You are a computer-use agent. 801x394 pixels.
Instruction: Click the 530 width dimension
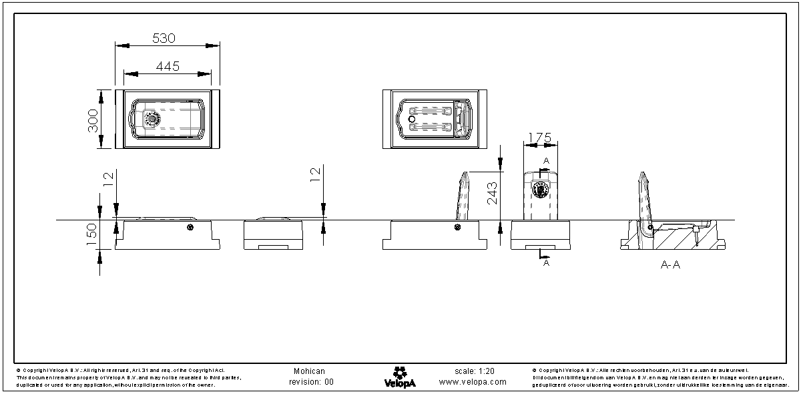[x=164, y=38]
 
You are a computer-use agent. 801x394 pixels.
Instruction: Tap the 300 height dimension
[x=93, y=120]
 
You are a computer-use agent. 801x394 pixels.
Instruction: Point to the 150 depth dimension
[x=92, y=231]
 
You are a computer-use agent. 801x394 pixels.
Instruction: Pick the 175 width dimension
[x=539, y=137]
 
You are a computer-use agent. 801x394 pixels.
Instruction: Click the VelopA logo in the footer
[x=400, y=377]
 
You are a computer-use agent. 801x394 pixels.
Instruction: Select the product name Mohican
[x=309, y=371]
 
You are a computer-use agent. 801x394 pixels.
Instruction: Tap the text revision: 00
[x=310, y=383]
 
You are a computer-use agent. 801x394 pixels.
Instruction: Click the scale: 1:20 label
[x=474, y=371]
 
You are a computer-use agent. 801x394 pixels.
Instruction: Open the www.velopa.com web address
[x=473, y=383]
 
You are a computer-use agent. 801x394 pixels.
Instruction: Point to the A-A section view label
[x=670, y=265]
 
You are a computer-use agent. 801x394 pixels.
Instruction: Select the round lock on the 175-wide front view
[x=540, y=190]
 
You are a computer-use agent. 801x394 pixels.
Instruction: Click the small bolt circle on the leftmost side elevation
[x=190, y=228]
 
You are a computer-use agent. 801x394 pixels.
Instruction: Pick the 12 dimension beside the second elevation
[x=316, y=175]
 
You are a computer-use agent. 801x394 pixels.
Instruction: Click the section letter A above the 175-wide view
[x=546, y=161]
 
